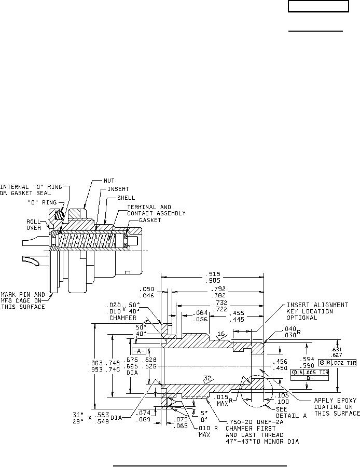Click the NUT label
click(x=109, y=181)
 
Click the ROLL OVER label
click(x=34, y=224)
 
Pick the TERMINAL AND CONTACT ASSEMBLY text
click(x=156, y=210)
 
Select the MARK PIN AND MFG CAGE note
click(x=23, y=300)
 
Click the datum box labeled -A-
click(x=139, y=350)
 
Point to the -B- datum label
click(x=310, y=378)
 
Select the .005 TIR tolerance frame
click(x=310, y=372)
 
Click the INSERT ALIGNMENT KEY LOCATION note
click(x=317, y=311)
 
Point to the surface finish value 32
click(x=207, y=379)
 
